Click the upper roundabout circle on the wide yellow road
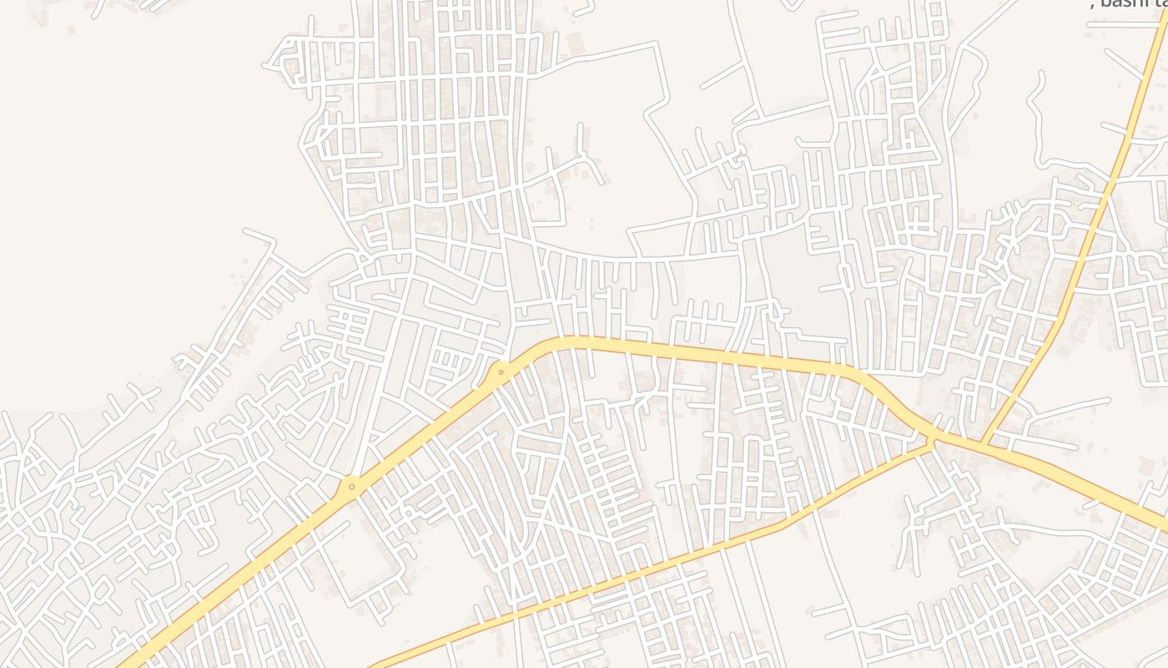501,372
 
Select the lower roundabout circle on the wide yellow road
351,486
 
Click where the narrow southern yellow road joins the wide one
934,443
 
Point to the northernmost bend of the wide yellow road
576,342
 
